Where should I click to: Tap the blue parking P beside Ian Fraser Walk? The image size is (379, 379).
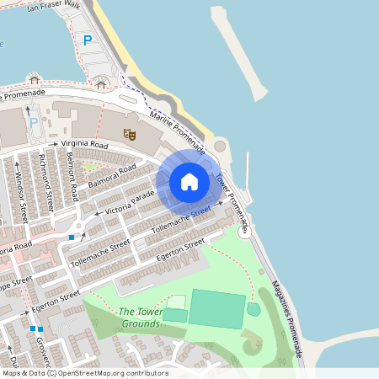point(87,40)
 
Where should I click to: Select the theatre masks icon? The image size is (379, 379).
point(129,133)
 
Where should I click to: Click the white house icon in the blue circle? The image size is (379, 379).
point(189,181)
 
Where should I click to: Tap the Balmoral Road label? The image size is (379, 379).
point(111,175)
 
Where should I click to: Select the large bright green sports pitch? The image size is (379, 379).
point(216,308)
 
